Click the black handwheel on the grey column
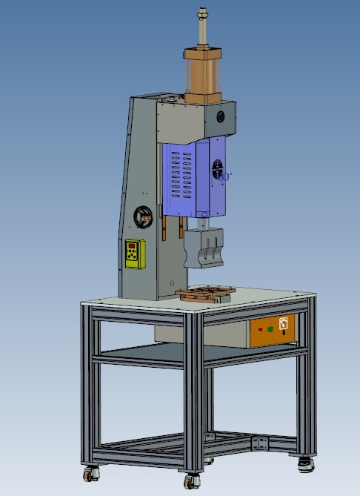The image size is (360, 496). coord(143,216)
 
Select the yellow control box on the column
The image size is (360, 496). coord(135,255)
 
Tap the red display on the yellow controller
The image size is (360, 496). coord(133,246)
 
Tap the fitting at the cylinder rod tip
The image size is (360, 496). coord(201,13)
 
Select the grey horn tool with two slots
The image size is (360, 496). coord(204,247)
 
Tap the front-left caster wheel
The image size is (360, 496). coord(90,472)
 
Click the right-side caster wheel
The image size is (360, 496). coord(305,463)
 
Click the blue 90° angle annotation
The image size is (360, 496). coord(227,176)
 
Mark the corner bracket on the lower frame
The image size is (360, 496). coord(259,443)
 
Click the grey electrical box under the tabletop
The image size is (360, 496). coord(200,335)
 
